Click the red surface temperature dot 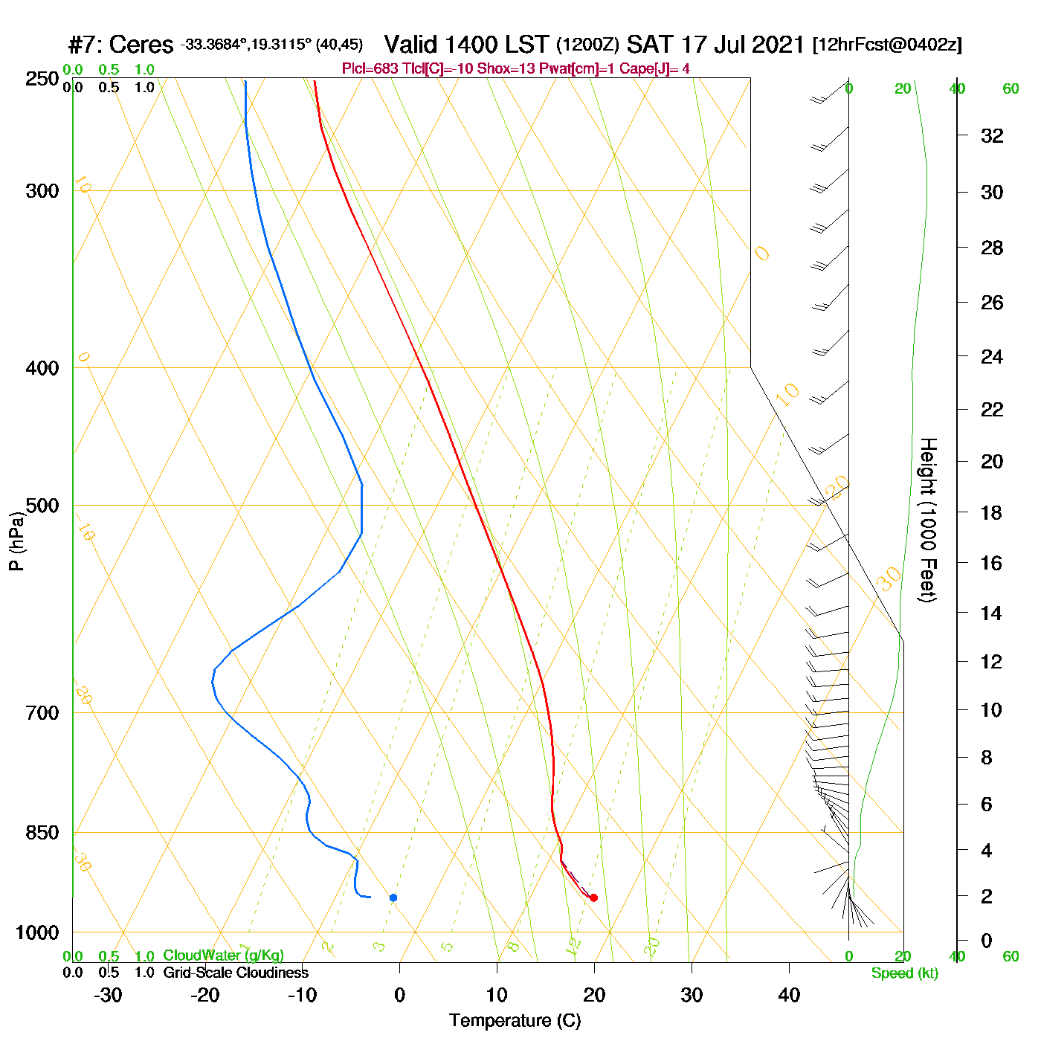point(593,897)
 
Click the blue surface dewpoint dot point(393,897)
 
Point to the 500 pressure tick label point(42,506)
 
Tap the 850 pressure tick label point(42,833)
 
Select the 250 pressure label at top point(42,79)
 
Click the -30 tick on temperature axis point(108,995)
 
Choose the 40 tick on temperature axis point(789,995)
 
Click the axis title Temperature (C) point(515,1021)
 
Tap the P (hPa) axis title point(16,541)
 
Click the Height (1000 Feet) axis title point(927,520)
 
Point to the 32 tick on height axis point(992,136)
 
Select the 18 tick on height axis point(992,512)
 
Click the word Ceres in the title point(141,45)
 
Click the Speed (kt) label point(904,973)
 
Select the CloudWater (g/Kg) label point(223,955)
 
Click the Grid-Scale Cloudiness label point(236,973)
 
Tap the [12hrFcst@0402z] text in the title point(887,45)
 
